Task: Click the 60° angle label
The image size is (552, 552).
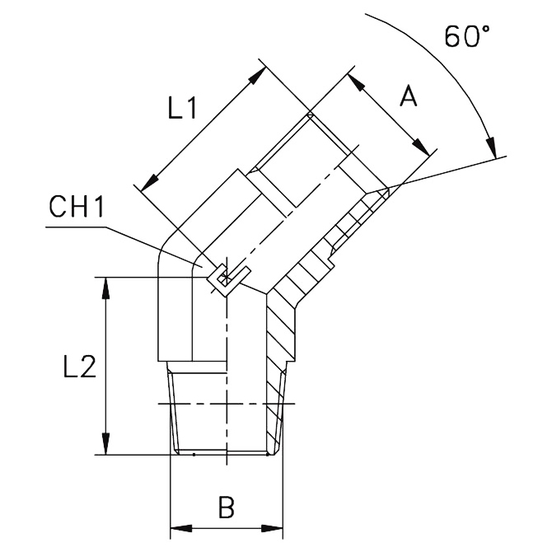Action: coord(467,36)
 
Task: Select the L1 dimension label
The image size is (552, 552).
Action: coord(181,107)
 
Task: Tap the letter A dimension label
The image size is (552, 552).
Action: coord(409,96)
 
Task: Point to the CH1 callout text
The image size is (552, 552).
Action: coord(77,207)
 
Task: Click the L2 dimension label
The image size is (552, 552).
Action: coord(80,366)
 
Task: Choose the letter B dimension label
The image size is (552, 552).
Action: coord(227,508)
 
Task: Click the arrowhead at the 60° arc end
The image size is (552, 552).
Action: coord(492,147)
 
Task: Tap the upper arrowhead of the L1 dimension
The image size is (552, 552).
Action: coord(257,75)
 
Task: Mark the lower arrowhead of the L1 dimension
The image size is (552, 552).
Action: coord(149,183)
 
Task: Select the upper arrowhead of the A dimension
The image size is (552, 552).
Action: coord(356,82)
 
